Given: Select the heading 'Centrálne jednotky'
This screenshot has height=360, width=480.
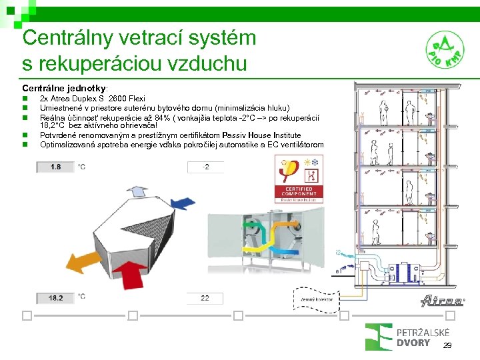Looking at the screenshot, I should pyautogui.click(x=64, y=88).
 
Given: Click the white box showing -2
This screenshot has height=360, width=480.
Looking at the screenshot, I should pyautogui.click(x=206, y=167).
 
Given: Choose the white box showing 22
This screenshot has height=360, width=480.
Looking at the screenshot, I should pyautogui.click(x=205, y=298).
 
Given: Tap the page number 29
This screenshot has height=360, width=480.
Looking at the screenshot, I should pyautogui.click(x=447, y=345).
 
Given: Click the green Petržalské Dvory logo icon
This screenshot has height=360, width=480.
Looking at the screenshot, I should pyautogui.click(x=379, y=336).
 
